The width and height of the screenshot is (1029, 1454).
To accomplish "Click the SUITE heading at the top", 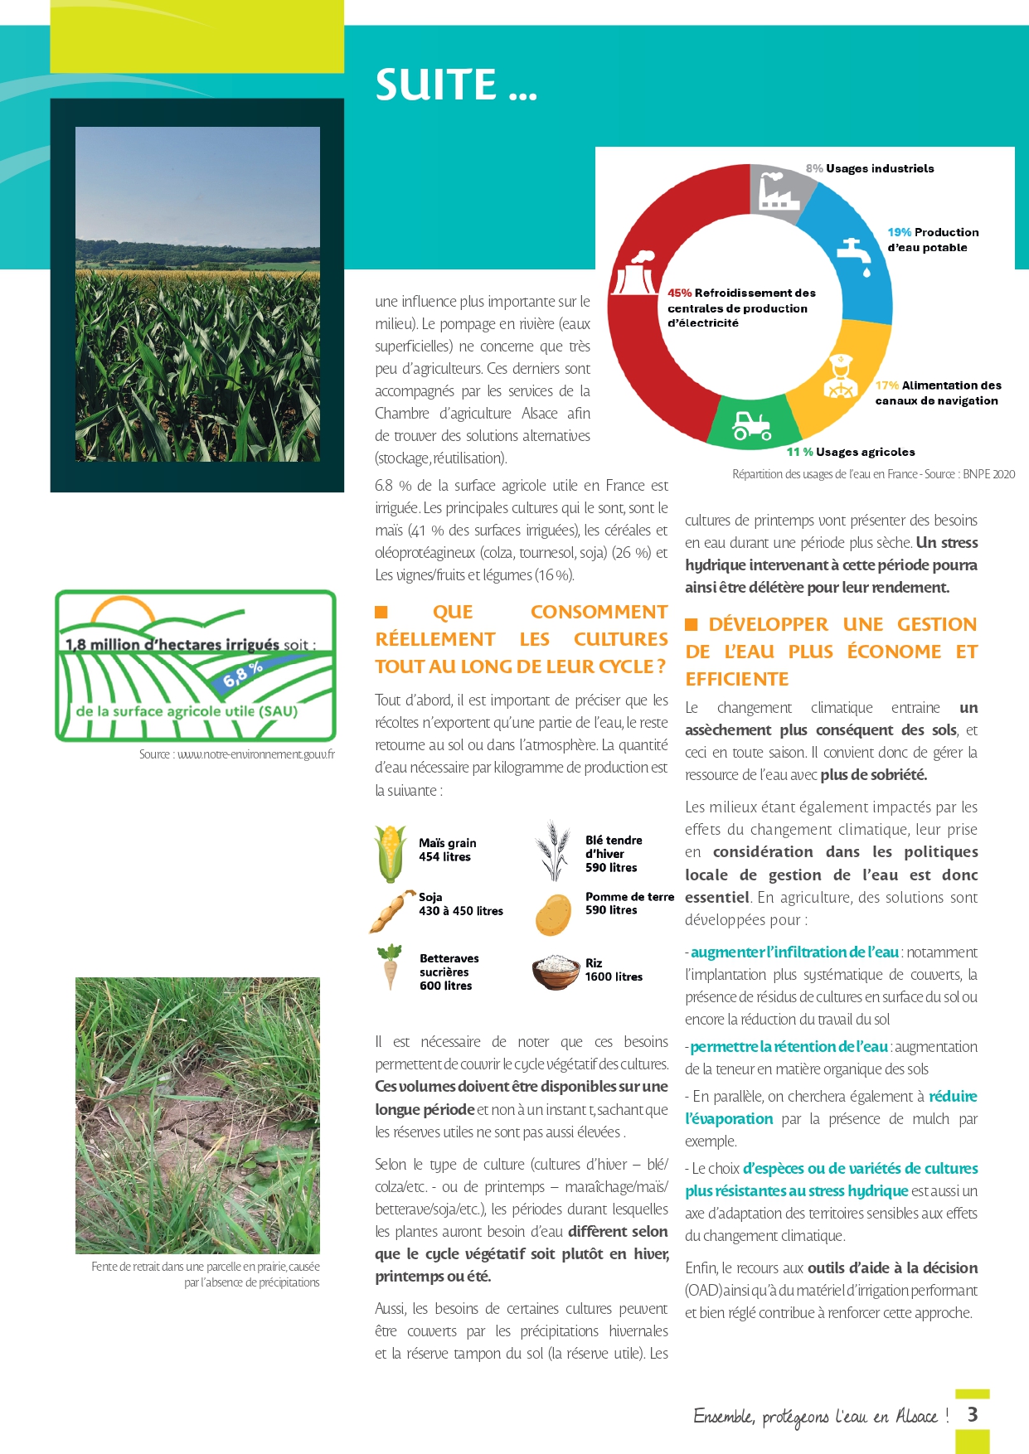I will pyautogui.click(x=456, y=85).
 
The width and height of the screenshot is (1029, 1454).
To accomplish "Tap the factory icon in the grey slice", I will pyautogui.click(x=775, y=191).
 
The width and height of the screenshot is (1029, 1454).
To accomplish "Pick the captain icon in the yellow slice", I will pyautogui.click(x=839, y=377).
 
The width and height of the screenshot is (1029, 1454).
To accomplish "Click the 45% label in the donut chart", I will pyautogui.click(x=680, y=293).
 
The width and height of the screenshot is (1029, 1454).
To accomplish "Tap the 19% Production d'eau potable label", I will pyautogui.click(x=933, y=240).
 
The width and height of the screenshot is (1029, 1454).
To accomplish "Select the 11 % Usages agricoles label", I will pyautogui.click(x=851, y=452).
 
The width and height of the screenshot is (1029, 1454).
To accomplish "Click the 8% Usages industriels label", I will pyautogui.click(x=870, y=168).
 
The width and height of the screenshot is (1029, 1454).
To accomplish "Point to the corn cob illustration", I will pyautogui.click(x=390, y=852).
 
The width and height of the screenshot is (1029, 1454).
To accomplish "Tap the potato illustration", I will pyautogui.click(x=553, y=914).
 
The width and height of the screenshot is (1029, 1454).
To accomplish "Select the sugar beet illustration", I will pyautogui.click(x=389, y=966).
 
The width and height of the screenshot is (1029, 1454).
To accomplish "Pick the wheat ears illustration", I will pyautogui.click(x=552, y=851).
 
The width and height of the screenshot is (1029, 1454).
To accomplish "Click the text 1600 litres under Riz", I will pyautogui.click(x=614, y=977).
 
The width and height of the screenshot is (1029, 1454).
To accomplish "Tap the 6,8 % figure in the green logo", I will pyautogui.click(x=243, y=675).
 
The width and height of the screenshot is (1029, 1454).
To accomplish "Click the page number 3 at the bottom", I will pyautogui.click(x=973, y=1414).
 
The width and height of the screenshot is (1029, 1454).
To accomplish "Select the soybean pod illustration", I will pyautogui.click(x=391, y=912).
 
